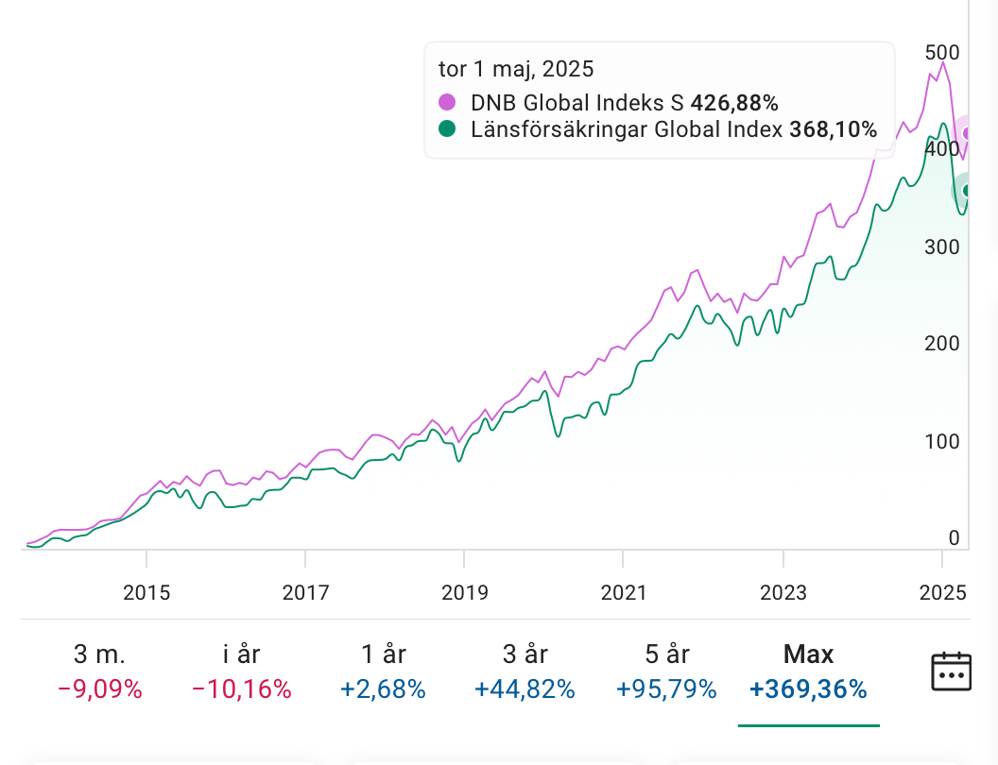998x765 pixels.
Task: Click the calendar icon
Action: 952,671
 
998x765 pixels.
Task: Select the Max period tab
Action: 808,671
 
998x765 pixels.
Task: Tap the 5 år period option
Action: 665,671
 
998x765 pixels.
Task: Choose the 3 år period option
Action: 525,671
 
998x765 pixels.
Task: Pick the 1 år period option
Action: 384,671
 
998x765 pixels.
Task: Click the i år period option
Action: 241,671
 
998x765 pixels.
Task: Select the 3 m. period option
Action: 99,671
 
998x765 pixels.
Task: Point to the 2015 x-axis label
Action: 146,593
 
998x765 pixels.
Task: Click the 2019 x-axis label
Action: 465,593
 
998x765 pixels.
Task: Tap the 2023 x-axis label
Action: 783,593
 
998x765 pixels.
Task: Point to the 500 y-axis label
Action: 941,52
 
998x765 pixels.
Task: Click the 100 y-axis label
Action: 941,441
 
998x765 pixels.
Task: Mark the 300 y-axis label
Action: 941,246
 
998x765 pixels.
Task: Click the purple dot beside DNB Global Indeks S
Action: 447,102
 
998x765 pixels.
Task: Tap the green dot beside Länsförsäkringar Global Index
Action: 447,129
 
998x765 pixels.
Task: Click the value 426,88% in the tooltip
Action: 734,102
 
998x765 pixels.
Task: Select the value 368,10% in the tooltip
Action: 833,129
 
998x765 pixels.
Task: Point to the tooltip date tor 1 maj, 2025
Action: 516,69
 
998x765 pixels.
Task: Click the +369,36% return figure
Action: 808,689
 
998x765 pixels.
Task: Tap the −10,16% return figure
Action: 241,689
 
